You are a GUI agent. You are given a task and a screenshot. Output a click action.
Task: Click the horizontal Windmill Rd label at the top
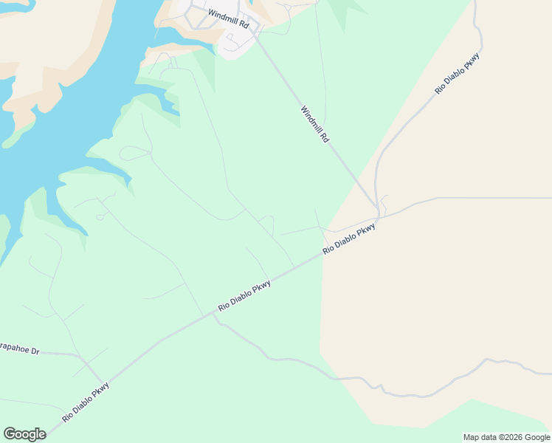point(229,19)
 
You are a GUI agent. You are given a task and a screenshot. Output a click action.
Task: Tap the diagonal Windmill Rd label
point(314,124)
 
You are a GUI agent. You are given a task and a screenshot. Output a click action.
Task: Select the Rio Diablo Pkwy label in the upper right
point(458,73)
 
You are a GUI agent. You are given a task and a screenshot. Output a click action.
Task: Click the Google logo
point(24,434)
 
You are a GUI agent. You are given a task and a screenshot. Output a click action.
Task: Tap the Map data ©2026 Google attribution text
point(506,437)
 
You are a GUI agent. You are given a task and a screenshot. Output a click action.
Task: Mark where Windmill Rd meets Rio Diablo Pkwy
point(379,216)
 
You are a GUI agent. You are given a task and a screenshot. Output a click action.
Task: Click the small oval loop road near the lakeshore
point(134,154)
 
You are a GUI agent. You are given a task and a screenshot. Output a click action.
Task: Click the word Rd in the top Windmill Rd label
point(244,24)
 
